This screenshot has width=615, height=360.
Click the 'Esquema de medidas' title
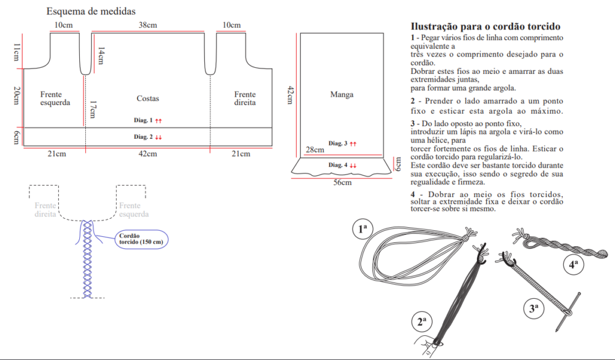click(91, 11)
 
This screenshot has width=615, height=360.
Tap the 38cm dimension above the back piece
click(148, 25)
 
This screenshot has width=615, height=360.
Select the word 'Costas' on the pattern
click(148, 98)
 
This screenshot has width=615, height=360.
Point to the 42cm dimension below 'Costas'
click(148, 154)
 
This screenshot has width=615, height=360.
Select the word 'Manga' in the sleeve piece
click(342, 94)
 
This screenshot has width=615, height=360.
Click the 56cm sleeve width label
click(342, 183)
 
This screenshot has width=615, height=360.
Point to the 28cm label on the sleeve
click(315, 149)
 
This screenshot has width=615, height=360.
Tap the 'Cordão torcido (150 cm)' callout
click(141, 238)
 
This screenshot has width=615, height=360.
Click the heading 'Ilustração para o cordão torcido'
click(485, 26)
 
